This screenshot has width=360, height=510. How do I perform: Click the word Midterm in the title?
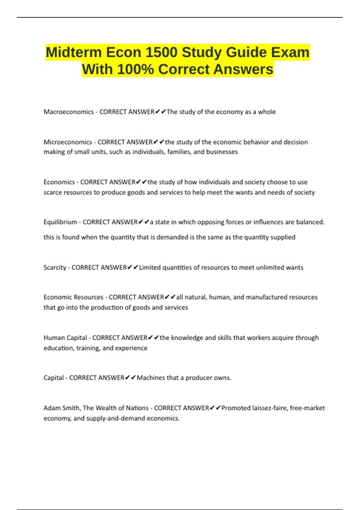coord(73,52)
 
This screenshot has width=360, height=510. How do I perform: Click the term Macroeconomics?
coord(69,112)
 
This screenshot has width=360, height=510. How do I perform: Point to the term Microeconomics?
coord(68,142)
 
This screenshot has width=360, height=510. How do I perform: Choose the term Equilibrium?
coord(60,222)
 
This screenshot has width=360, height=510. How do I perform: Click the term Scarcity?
coord(55,267)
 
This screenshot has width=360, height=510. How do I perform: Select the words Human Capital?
coord(65,338)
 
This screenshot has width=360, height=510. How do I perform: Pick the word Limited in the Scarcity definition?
coord(150,267)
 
